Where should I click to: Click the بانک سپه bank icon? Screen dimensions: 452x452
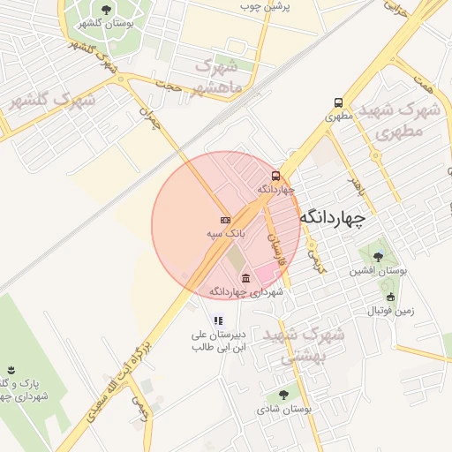tap(225, 219)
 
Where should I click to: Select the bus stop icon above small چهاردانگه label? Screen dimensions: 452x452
tap(276, 176)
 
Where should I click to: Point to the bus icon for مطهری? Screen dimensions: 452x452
tap(339, 102)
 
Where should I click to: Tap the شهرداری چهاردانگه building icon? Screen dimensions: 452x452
tap(245, 279)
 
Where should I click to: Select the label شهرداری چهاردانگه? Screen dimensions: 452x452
tap(245, 292)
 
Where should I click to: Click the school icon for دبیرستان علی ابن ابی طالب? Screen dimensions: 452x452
tap(218, 320)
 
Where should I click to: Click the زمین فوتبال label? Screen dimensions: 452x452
tap(389, 311)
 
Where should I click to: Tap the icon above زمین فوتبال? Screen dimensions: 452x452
tap(390, 297)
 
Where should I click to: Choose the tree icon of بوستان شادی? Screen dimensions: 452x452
tap(282, 395)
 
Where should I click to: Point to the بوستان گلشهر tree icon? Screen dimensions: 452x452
tap(107, 10)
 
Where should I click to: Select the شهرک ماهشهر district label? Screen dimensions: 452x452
tap(215, 76)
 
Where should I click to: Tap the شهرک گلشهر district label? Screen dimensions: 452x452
tap(51, 102)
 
